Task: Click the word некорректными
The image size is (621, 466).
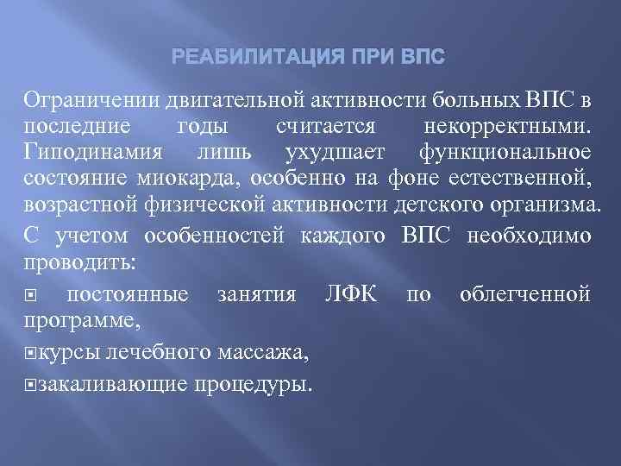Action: pyautogui.click(x=509, y=126)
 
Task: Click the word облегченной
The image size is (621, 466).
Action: pyautogui.click(x=524, y=293)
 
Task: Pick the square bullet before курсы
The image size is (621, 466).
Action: pyautogui.click(x=31, y=353)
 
